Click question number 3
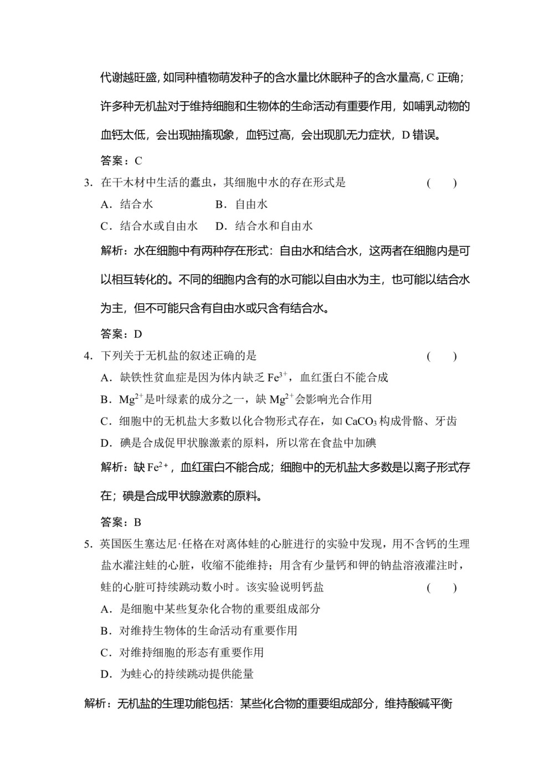point(87,183)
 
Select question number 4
point(87,357)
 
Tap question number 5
point(87,544)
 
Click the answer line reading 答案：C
point(121,161)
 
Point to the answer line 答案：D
point(121,334)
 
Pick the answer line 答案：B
point(121,522)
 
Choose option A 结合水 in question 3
point(127,205)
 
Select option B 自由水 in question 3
point(242,205)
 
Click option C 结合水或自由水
point(149,226)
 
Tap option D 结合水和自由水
point(264,226)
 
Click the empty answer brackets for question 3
point(442,183)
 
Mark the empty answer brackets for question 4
point(442,357)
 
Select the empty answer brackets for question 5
point(442,588)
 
